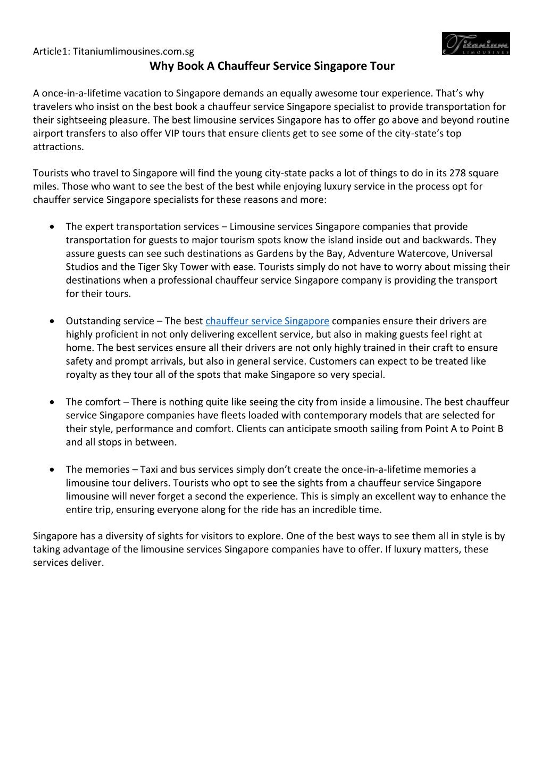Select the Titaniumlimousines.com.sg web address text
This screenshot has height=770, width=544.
tap(133, 52)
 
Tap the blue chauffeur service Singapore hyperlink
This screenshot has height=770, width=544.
tap(267, 321)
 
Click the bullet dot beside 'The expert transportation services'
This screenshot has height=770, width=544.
tap(52, 227)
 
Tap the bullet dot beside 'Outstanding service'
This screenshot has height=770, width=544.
tap(52, 321)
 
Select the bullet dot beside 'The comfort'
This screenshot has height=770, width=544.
tap(52, 402)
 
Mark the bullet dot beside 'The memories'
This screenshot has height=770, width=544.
tap(52, 470)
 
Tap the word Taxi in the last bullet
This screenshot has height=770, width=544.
tap(149, 470)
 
